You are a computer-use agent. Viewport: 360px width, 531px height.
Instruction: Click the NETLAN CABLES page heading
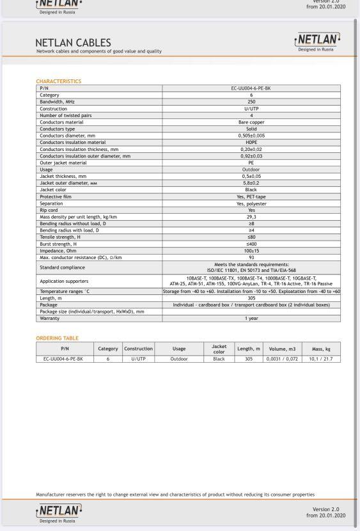(73, 43)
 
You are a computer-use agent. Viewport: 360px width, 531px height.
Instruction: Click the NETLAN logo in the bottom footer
(59, 511)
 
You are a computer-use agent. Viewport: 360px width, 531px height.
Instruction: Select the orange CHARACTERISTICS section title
(58, 81)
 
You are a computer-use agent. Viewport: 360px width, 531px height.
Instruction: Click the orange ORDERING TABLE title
(57, 338)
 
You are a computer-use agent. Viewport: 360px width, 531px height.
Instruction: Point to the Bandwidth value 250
(251, 102)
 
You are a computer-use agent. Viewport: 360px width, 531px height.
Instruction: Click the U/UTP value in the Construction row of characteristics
(251, 109)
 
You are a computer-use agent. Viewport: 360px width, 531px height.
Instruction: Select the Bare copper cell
(251, 122)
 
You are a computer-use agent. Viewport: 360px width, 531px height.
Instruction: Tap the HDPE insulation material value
(251, 142)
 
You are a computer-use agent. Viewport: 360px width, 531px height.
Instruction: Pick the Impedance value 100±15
(251, 250)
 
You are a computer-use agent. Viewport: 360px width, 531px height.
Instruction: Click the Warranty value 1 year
(251, 318)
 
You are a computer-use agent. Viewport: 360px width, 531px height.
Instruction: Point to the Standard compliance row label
(62, 267)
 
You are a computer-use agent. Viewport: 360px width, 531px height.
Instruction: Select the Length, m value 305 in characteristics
(251, 298)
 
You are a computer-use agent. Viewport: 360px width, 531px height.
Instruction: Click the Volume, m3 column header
(282, 349)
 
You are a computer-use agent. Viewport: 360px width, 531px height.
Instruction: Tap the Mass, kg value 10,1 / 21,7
(320, 359)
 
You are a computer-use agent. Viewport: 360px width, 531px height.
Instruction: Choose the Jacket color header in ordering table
(219, 349)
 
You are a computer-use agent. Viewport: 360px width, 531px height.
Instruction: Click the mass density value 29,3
(251, 216)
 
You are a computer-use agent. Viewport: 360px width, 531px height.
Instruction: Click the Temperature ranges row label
(65, 291)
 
